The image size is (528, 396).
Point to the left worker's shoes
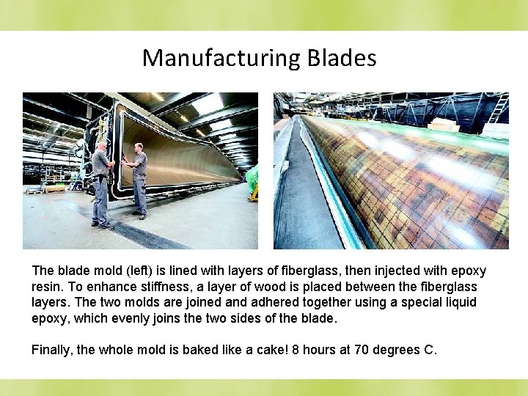103,225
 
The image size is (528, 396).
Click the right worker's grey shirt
139,167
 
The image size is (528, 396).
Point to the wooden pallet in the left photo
54,188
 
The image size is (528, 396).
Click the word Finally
51,350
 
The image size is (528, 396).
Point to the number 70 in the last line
362,350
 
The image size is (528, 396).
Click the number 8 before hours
296,350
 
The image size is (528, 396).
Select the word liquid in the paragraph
457,302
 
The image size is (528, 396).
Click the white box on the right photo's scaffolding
442,124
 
